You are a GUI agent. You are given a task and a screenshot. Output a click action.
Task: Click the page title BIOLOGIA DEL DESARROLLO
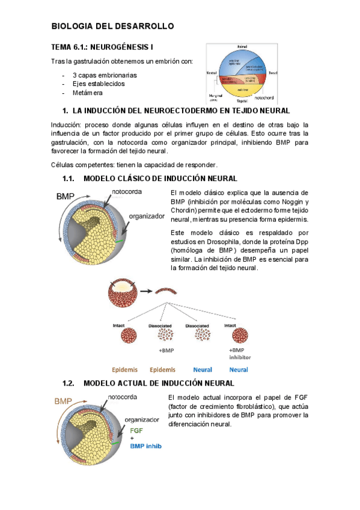click(112, 26)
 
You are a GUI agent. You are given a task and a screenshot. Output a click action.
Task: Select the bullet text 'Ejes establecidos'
click(99, 84)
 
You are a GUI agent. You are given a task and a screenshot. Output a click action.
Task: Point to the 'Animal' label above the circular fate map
click(242, 46)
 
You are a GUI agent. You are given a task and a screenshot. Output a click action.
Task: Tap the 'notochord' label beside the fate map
click(264, 97)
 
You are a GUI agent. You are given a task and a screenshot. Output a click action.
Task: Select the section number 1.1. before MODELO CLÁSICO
click(71, 179)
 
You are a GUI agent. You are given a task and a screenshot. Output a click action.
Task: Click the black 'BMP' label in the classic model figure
click(66, 197)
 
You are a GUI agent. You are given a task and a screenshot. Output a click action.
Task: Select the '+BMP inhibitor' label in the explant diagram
click(239, 353)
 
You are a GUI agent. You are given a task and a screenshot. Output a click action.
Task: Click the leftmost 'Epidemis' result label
click(125, 369)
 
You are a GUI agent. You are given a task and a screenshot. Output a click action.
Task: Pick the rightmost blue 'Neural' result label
click(239, 369)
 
